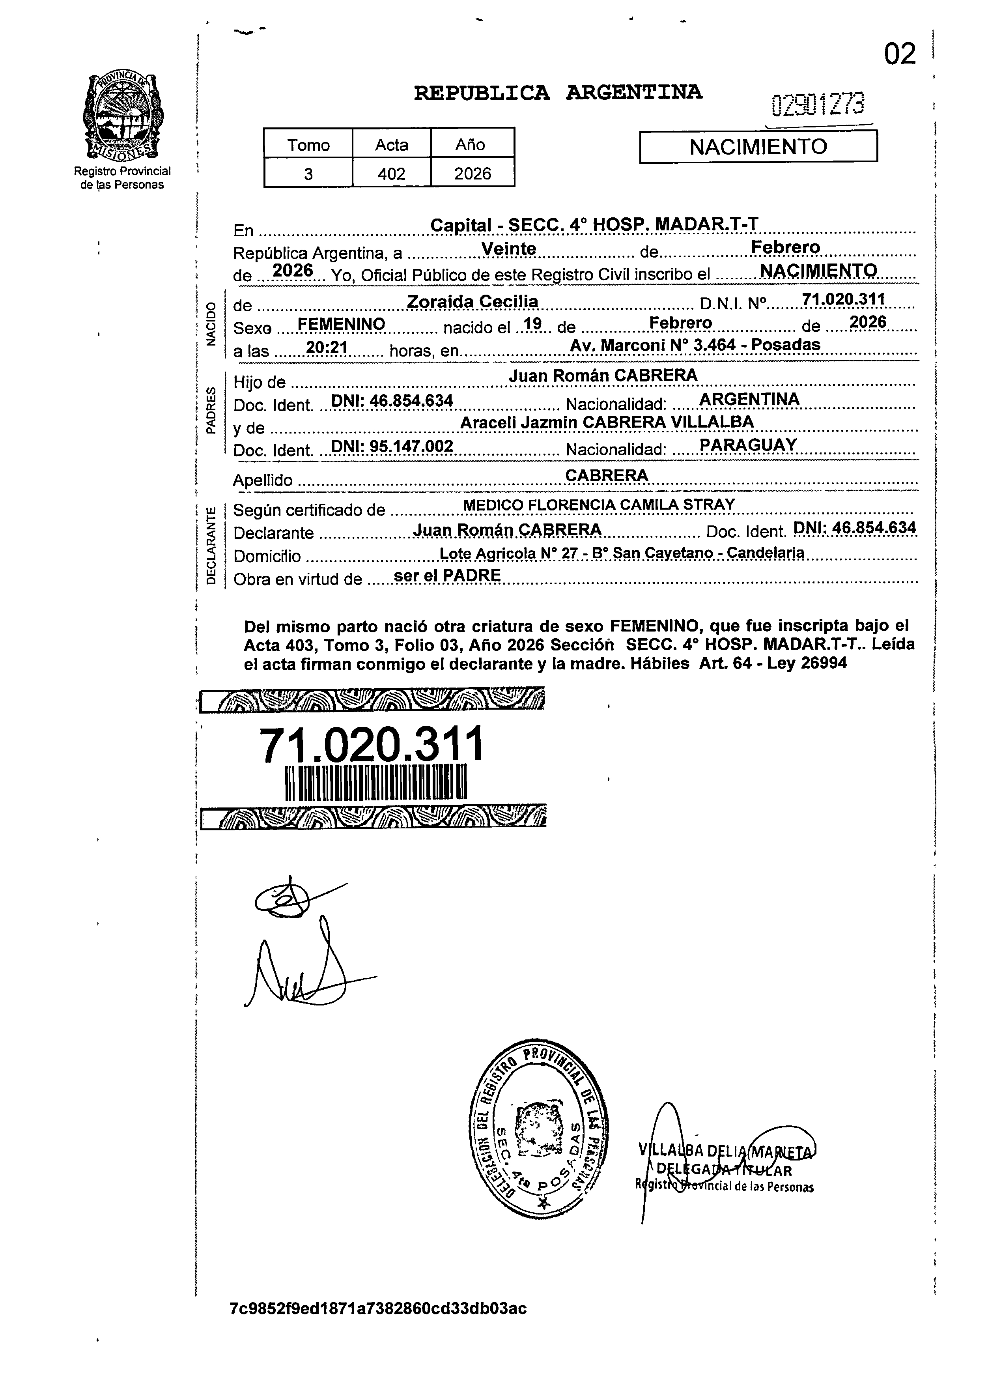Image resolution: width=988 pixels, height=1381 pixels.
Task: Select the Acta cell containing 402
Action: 391,174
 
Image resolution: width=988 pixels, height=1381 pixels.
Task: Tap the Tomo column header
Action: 308,145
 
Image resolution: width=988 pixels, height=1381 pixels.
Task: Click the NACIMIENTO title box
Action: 758,147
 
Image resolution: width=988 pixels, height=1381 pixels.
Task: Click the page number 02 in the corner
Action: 899,55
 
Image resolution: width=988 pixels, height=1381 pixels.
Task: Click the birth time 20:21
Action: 326,348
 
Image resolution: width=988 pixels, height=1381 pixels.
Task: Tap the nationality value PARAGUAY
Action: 748,445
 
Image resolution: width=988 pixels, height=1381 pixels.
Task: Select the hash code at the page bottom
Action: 378,1308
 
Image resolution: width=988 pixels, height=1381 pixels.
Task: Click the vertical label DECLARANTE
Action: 211,545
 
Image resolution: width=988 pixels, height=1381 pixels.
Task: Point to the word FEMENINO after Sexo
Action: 341,324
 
